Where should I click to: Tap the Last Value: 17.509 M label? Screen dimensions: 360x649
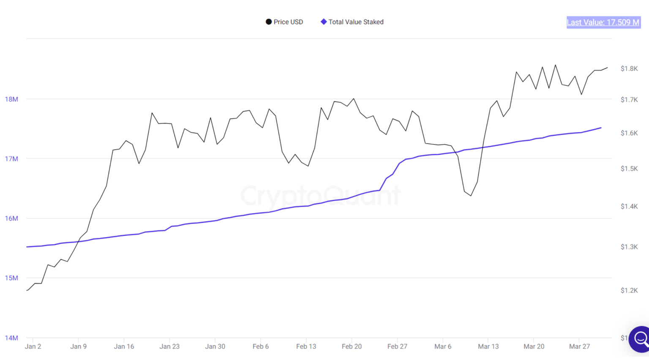[603, 22]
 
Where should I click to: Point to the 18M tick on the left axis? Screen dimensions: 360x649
[11, 99]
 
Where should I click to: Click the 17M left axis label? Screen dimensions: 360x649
[11, 159]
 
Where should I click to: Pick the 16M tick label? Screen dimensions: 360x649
[11, 218]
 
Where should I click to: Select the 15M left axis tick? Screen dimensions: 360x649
[11, 278]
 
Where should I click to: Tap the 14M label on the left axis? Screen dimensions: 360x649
[11, 338]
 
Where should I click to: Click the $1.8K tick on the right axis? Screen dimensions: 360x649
[629, 68]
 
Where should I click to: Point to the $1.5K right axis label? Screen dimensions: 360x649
[629, 169]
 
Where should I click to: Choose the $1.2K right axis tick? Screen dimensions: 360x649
[629, 290]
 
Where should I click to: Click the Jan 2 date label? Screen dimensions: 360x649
[33, 346]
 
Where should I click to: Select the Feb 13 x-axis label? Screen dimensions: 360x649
[306, 346]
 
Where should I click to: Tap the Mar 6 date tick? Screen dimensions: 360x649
[443, 346]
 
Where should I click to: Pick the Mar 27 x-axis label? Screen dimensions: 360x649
[579, 346]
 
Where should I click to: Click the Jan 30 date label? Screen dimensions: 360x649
[215, 346]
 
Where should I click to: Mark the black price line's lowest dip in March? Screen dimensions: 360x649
[471, 196]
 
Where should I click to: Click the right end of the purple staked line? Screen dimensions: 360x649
[601, 128]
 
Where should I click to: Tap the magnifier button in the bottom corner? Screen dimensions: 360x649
[640, 338]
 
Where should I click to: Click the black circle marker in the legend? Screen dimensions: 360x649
[269, 22]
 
